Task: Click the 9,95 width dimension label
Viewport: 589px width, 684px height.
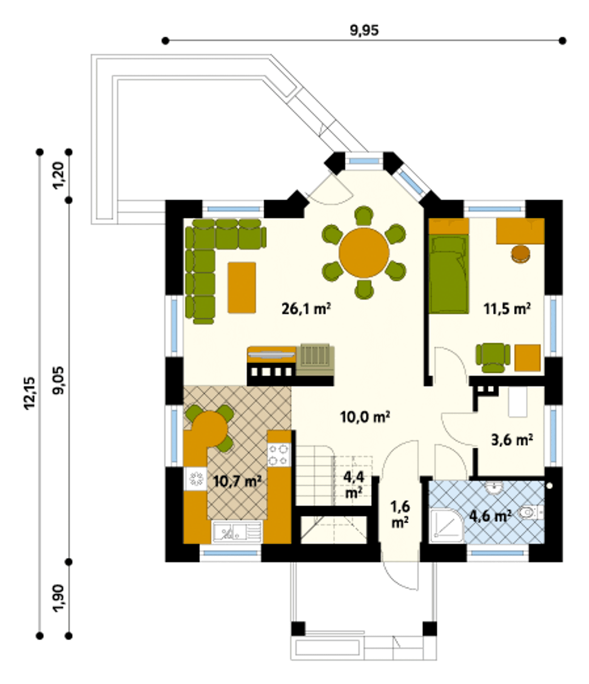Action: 364,30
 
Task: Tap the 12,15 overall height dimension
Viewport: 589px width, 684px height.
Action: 29,393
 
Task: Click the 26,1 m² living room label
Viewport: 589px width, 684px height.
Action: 306,309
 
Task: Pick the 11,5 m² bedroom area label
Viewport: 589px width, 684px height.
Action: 508,309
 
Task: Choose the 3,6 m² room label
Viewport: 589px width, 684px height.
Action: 512,440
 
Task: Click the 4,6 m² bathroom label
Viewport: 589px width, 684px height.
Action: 490,516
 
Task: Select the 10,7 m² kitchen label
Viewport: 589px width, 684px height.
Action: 237,481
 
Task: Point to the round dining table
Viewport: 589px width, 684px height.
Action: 364,253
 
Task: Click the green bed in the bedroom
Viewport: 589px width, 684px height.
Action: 449,273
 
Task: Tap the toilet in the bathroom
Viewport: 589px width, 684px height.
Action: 531,513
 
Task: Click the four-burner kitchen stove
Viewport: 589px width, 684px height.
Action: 279,455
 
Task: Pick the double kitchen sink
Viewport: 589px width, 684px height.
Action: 237,533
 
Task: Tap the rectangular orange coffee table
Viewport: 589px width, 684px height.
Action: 242,287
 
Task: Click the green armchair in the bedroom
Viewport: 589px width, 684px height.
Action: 492,358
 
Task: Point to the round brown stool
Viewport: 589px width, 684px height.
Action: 520,254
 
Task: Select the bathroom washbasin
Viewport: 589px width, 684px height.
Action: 495,487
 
